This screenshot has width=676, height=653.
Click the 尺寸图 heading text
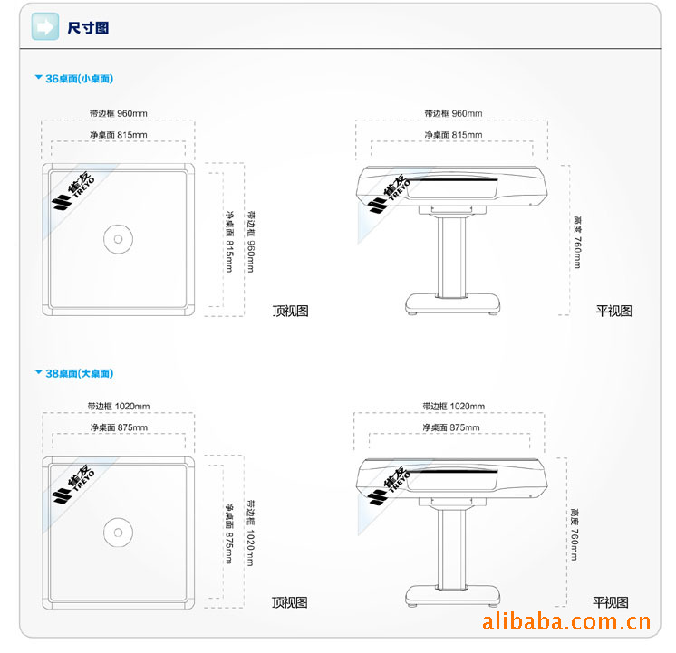tap(88, 28)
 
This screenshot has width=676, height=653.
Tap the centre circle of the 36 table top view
tap(116, 238)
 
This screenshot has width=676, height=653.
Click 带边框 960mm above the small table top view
tap(118, 113)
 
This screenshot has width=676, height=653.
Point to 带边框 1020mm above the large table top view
tap(119, 406)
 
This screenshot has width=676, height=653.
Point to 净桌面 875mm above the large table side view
tap(451, 427)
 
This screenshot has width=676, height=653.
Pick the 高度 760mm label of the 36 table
tap(577, 241)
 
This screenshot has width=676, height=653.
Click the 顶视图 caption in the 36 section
tap(290, 311)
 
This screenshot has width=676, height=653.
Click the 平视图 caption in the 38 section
tap(611, 602)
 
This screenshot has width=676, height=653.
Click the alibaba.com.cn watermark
tap(565, 622)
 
